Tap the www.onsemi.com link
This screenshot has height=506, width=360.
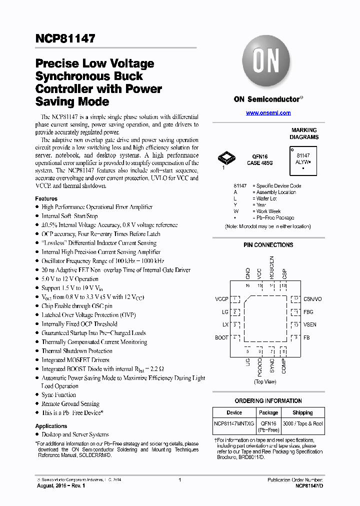268,113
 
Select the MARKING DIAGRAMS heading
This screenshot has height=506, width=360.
304,133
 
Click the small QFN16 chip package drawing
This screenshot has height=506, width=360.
226,159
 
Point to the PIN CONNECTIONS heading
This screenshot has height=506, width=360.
268,245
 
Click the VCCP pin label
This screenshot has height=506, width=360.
221,299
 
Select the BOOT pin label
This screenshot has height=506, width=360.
221,337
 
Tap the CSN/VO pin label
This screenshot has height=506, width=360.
312,299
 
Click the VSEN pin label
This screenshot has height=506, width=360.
309,324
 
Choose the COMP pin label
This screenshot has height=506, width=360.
284,366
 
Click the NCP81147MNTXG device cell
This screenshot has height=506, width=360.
234,423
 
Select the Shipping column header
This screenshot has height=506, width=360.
302,412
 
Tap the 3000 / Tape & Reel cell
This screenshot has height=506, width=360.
302,423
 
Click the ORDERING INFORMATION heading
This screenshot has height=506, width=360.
268,401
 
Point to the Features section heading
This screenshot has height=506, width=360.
46,198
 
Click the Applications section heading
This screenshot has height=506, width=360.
51,426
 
